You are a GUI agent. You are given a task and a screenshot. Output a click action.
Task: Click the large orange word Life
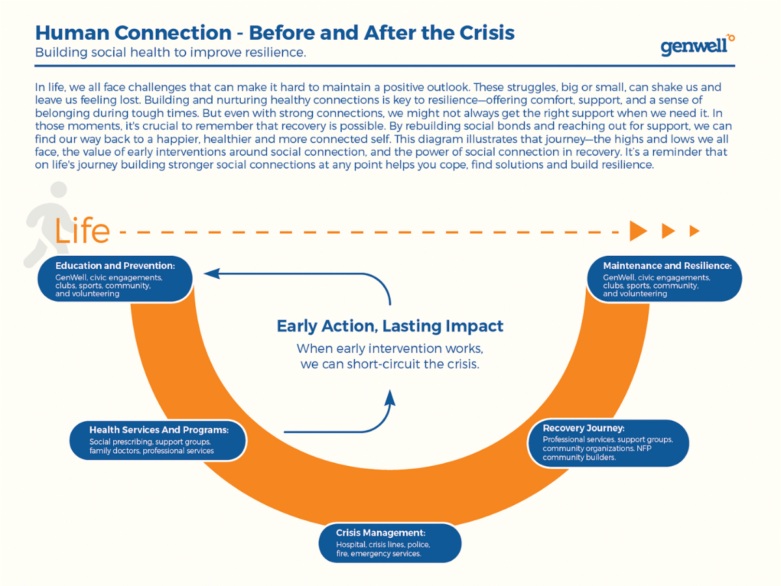pos(83,230)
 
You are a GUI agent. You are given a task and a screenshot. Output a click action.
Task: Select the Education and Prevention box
pos(115,279)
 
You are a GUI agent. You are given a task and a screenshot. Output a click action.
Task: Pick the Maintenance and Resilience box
pos(664,279)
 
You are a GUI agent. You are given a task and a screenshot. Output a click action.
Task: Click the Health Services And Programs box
pos(158,440)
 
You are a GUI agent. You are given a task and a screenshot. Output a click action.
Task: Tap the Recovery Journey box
pos(607,443)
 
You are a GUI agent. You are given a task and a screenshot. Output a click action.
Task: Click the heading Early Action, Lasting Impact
pos(390,326)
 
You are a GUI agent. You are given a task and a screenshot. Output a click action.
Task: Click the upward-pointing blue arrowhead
pos(390,397)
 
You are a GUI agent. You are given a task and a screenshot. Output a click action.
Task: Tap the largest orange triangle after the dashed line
pos(638,230)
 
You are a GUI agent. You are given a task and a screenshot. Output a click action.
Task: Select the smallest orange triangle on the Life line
pos(694,230)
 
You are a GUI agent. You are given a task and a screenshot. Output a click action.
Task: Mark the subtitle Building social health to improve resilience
pos(171,53)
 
